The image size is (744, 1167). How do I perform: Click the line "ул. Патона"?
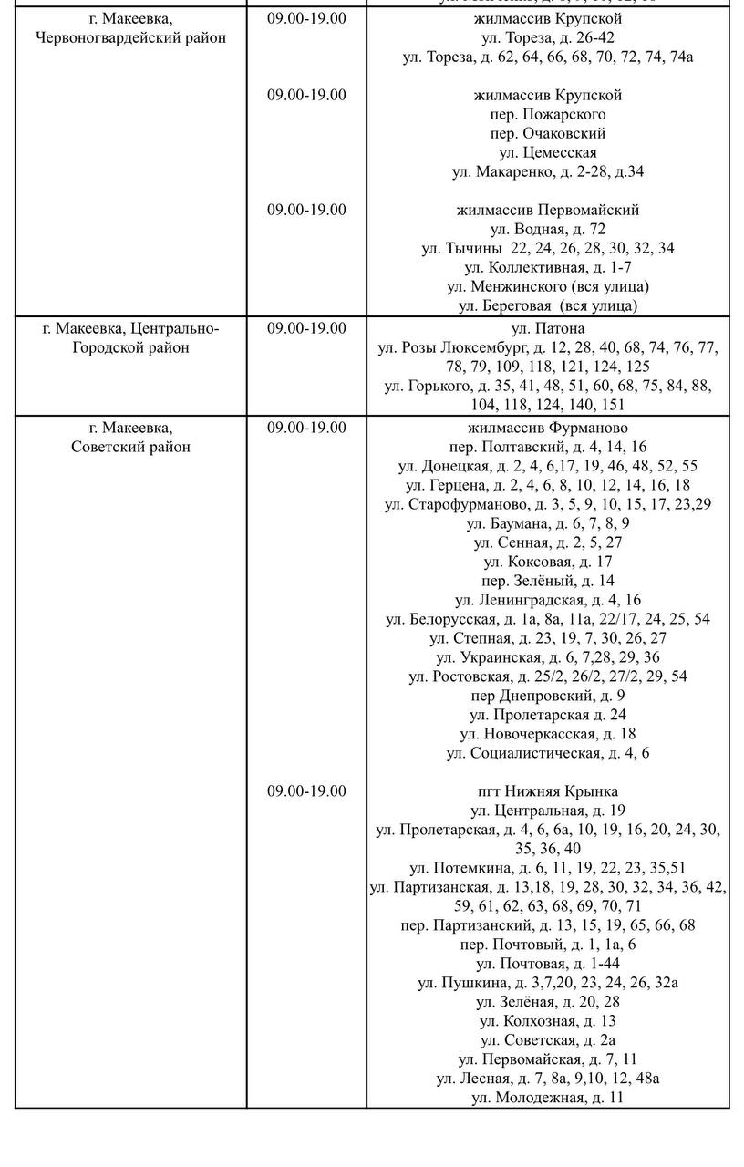(x=548, y=328)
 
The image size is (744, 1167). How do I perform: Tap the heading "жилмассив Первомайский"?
(x=548, y=210)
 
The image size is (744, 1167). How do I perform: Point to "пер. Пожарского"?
(x=548, y=114)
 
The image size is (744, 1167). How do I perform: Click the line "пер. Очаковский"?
(x=548, y=133)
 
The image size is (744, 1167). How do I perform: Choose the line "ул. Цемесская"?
(x=548, y=152)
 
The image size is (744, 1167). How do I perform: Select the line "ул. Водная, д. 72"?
(x=548, y=229)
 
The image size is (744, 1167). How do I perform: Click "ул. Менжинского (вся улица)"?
(x=548, y=286)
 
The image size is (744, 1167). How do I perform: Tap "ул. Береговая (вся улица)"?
(x=548, y=305)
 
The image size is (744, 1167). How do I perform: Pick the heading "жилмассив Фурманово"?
(x=548, y=428)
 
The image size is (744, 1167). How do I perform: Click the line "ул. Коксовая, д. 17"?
(x=548, y=562)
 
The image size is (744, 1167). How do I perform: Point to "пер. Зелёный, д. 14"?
(x=548, y=581)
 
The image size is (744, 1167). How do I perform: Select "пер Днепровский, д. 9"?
(x=548, y=696)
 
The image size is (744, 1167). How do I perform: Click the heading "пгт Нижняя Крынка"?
(x=548, y=791)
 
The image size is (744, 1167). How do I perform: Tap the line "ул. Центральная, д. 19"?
(x=548, y=811)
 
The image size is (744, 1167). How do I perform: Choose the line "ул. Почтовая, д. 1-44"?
(x=548, y=964)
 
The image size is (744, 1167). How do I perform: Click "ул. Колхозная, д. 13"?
(x=548, y=1021)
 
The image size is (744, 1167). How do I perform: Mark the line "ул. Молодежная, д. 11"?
(x=548, y=1098)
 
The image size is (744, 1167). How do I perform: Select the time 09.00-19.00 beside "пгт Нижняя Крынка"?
(x=306, y=791)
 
